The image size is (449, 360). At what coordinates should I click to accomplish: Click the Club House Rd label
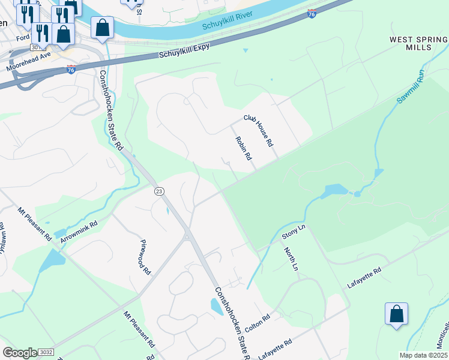(258, 131)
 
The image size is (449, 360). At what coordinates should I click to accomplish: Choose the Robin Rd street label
(243, 148)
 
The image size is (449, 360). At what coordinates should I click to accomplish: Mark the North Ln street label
(291, 259)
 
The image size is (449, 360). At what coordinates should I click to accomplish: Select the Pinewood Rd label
(145, 257)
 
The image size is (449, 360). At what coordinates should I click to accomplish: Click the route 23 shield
(159, 191)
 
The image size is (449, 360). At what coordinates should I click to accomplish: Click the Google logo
(19, 353)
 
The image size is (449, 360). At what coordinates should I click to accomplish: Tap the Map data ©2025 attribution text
(423, 355)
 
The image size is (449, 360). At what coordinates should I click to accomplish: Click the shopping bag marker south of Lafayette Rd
(396, 314)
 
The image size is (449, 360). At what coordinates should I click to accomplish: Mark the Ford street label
(23, 38)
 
